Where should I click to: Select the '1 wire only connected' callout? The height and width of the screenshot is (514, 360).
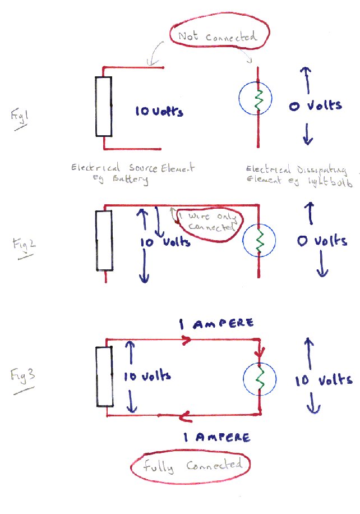tap(208, 222)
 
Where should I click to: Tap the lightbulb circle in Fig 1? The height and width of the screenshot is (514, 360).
tap(256, 100)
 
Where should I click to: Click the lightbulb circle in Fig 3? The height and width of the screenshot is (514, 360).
tap(259, 378)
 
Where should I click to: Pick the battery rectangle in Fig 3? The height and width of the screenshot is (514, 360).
tap(105, 376)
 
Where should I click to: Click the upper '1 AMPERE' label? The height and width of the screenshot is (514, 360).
tap(216, 324)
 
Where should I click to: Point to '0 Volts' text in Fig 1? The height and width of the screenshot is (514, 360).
tap(315, 105)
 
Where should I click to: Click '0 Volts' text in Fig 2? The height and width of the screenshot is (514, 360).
tap(322, 241)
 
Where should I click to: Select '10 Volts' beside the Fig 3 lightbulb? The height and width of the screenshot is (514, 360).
tap(324, 380)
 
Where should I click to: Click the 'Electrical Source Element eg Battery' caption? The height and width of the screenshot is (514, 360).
tap(133, 172)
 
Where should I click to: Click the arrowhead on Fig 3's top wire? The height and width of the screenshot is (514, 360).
tap(184, 339)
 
